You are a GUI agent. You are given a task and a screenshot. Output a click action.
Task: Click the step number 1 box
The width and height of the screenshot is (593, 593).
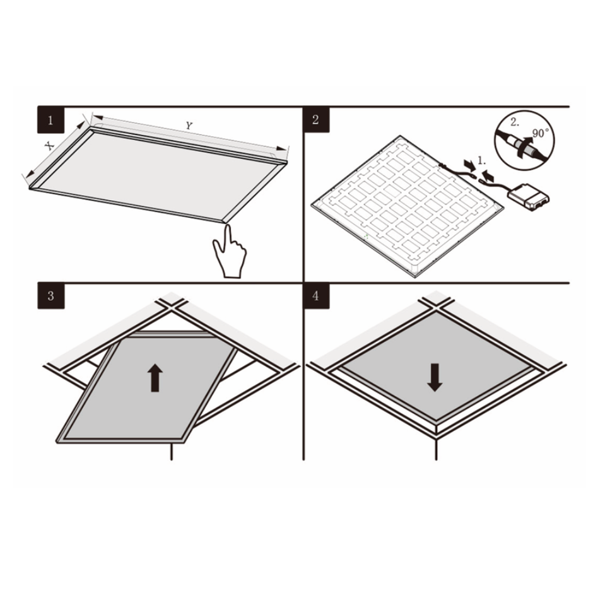pyautogui.click(x=50, y=119)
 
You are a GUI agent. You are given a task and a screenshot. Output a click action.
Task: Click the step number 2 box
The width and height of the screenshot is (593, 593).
pyautogui.click(x=315, y=119)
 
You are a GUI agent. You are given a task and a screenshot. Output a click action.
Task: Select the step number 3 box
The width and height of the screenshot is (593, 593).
pyautogui.click(x=50, y=296)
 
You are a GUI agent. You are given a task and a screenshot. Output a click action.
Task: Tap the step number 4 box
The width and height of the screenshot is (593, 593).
pyautogui.click(x=315, y=296)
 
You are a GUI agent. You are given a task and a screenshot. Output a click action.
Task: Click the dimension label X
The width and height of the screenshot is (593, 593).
pyautogui.click(x=49, y=145)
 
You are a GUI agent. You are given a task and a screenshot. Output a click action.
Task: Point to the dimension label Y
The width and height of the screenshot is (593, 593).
pyautogui.click(x=188, y=126)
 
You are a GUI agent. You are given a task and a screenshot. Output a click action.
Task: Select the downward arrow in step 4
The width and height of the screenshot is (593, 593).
pyautogui.click(x=433, y=377)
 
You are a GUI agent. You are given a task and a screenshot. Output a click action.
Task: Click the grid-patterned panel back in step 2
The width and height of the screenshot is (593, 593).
pyautogui.click(x=404, y=202)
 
